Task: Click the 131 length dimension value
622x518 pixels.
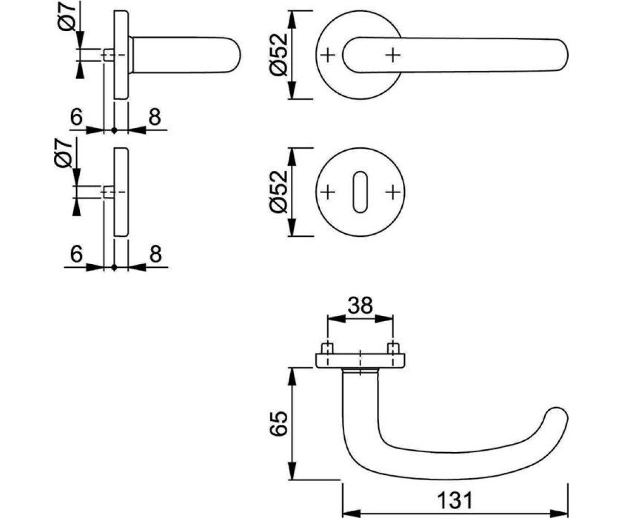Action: tap(455, 500)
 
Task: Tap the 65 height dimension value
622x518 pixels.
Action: tap(279, 424)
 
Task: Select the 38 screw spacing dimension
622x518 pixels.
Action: tap(360, 306)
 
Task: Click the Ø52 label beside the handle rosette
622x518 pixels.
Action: tap(278, 55)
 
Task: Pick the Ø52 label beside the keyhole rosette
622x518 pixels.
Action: tap(278, 192)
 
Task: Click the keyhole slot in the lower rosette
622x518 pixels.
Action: tap(360, 192)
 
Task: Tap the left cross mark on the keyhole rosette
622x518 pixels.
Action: tap(328, 192)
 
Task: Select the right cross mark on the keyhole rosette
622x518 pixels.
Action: tap(393, 192)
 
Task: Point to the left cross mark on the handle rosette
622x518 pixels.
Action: tap(328, 55)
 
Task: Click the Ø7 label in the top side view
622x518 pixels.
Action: tap(67, 18)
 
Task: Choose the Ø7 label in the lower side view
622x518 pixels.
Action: tap(63, 154)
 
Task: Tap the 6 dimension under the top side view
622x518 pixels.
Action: tap(76, 117)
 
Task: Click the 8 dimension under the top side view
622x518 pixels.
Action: tap(155, 117)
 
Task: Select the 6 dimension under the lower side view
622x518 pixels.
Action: tap(76, 254)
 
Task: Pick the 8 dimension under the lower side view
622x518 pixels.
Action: tap(155, 254)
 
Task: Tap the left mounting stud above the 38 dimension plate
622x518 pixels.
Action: tap(328, 348)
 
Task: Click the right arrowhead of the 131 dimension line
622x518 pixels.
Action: tap(559, 513)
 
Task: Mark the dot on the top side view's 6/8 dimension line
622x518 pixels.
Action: tap(114, 130)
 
